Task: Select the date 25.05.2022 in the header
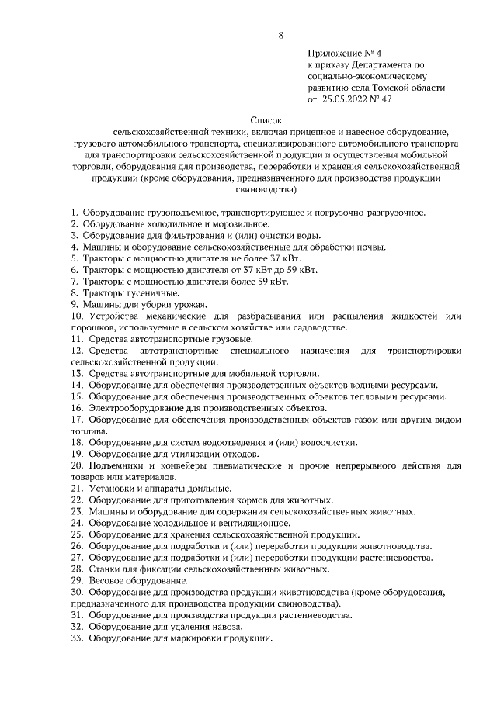coord(348,99)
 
